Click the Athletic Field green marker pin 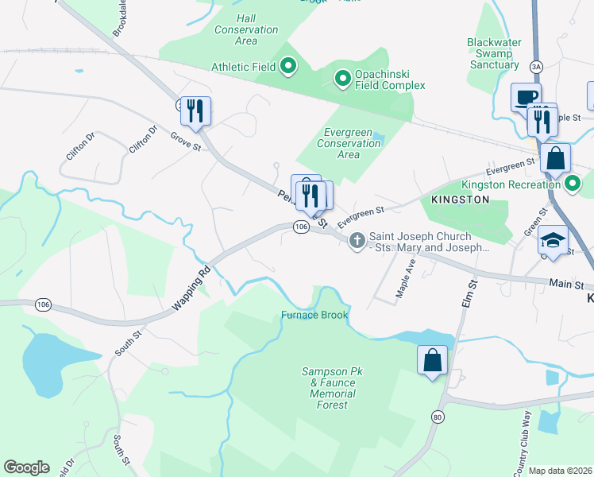tap(287, 66)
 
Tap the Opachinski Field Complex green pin tap(342, 78)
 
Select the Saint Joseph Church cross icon tap(357, 239)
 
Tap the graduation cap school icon tap(553, 240)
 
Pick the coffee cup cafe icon tap(526, 97)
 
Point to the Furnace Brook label tap(314, 316)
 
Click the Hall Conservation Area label tap(246, 29)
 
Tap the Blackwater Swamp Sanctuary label tap(494, 53)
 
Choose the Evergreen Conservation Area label tap(349, 143)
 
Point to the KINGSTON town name tap(460, 200)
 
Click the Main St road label tap(566, 283)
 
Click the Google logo tap(26, 467)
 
